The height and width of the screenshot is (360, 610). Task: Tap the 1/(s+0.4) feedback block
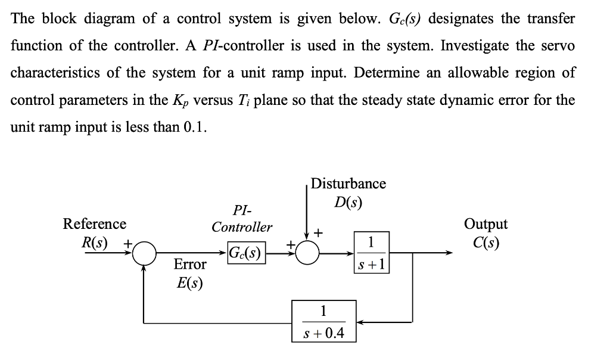(x=323, y=321)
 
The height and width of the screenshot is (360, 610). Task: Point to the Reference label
(x=95, y=224)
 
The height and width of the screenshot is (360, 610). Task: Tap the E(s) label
(x=189, y=283)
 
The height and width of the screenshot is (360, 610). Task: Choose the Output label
(x=486, y=224)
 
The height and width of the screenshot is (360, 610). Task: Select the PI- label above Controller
(x=242, y=210)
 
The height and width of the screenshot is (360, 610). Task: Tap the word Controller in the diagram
(x=242, y=227)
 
